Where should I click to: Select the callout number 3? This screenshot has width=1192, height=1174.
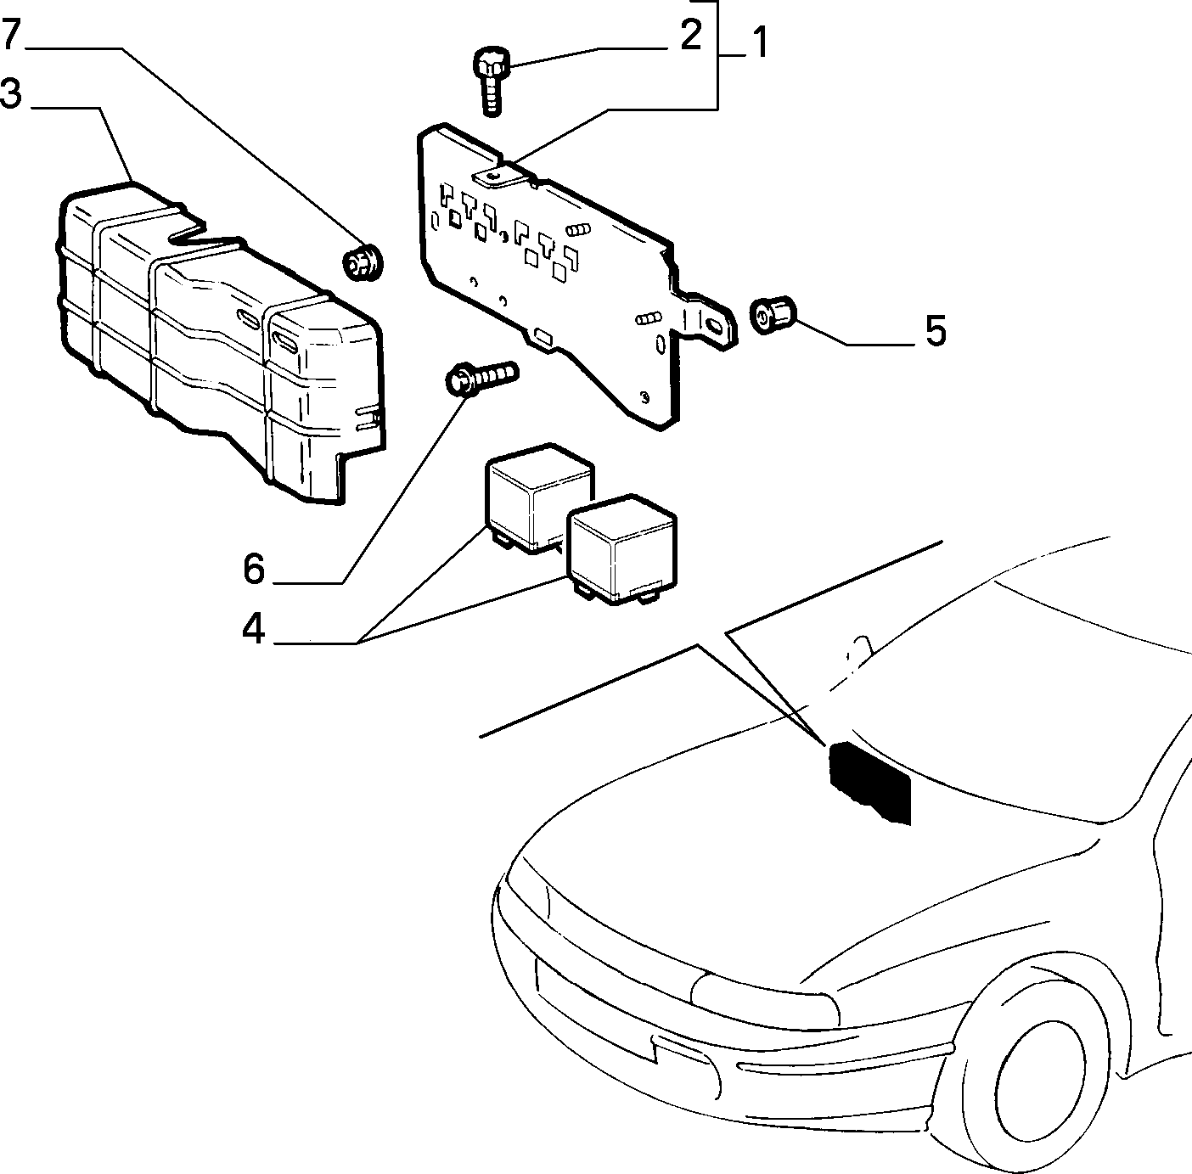click(x=10, y=94)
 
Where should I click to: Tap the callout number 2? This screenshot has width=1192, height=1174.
click(x=690, y=36)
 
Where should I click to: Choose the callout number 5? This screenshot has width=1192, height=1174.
click(x=936, y=331)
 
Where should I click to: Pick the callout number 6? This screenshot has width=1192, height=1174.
click(x=254, y=569)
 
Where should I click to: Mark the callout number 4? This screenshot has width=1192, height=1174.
click(x=253, y=629)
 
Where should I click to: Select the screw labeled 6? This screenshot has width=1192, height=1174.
click(x=482, y=378)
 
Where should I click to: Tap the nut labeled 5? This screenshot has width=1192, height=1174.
click(x=772, y=315)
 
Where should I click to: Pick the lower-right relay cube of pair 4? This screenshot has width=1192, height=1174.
click(x=621, y=550)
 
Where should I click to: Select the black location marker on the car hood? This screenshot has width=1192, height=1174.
click(x=869, y=780)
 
